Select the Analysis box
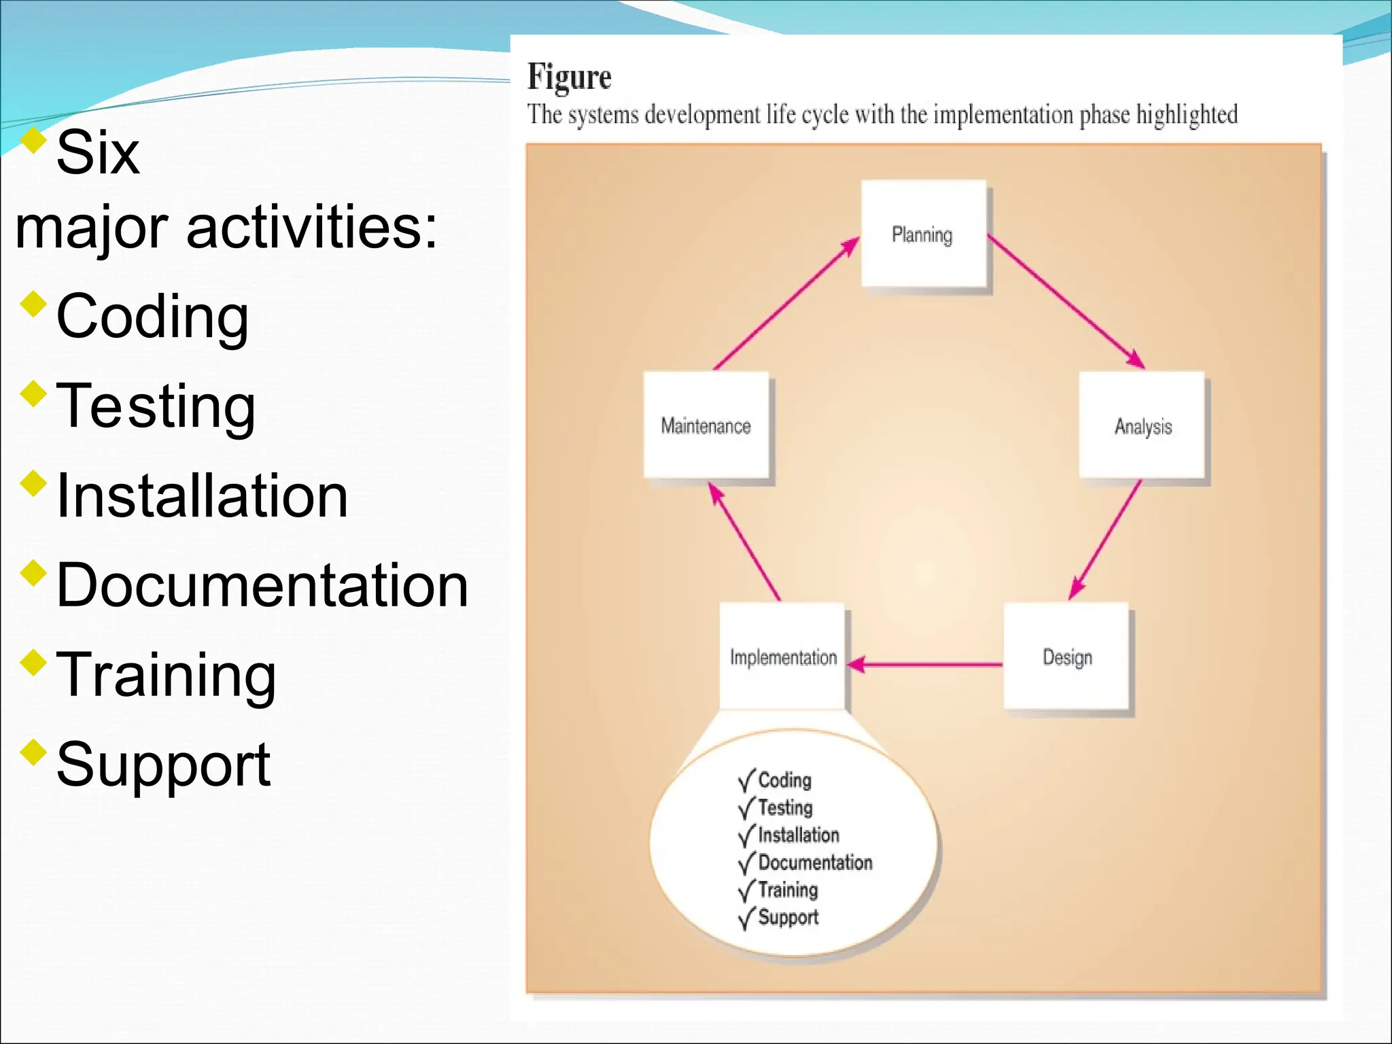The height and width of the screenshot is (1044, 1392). (1142, 425)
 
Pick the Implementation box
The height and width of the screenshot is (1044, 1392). (782, 657)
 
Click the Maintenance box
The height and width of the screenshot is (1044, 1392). (706, 425)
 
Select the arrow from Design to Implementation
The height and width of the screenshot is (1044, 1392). (924, 664)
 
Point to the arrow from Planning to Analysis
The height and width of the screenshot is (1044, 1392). (1066, 301)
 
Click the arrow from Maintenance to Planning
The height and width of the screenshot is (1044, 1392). (786, 303)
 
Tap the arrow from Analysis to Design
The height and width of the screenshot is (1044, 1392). (1106, 540)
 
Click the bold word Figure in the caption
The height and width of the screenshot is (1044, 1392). (569, 77)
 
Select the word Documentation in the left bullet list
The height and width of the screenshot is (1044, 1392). (262, 585)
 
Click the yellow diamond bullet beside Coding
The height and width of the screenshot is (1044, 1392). (33, 304)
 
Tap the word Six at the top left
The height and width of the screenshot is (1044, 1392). (98, 153)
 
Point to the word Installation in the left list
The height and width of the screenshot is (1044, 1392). (202, 495)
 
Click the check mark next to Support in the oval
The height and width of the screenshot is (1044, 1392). (746, 918)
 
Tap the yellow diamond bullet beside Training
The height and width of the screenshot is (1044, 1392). (33, 662)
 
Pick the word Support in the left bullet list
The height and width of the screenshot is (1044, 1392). (163, 765)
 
